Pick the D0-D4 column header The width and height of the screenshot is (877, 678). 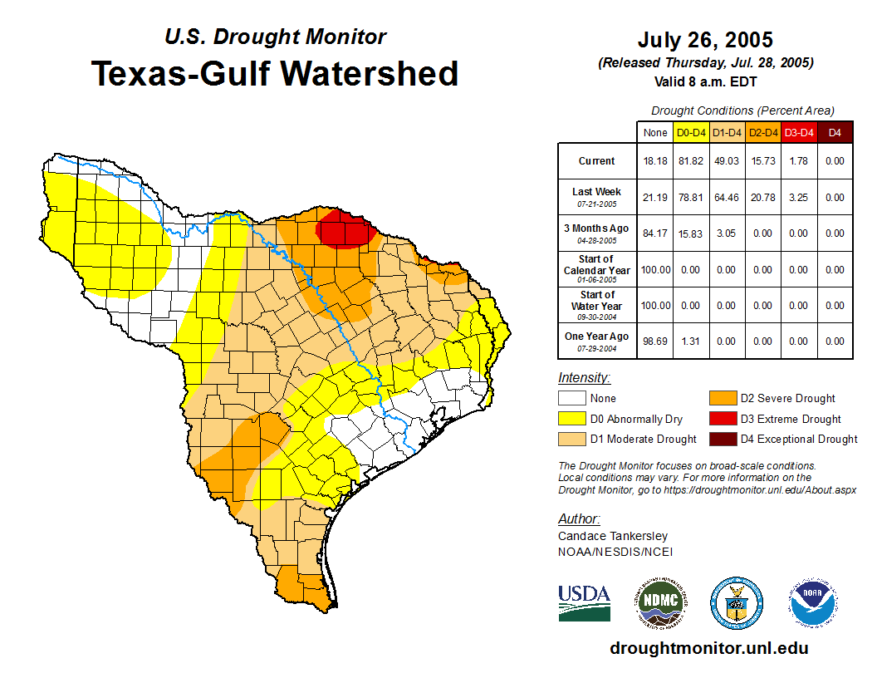tap(691, 132)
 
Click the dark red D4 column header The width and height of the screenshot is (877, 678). tap(835, 132)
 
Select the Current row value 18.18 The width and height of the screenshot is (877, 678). tap(655, 161)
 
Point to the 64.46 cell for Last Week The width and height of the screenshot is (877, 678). tap(727, 198)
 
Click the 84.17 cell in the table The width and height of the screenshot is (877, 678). tap(655, 233)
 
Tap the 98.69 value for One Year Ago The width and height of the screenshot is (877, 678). tap(655, 341)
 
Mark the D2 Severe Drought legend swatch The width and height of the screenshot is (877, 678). tap(722, 399)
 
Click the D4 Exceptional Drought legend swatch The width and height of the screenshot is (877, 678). tap(722, 439)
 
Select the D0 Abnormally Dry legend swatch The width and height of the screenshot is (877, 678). tap(572, 419)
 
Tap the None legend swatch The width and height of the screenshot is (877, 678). tap(572, 399)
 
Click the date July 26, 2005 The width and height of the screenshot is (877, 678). tap(705, 40)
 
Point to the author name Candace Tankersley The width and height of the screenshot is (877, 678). tap(613, 536)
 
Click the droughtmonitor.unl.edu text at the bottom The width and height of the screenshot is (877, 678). tap(708, 648)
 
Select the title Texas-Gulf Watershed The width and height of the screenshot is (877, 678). tap(275, 73)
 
